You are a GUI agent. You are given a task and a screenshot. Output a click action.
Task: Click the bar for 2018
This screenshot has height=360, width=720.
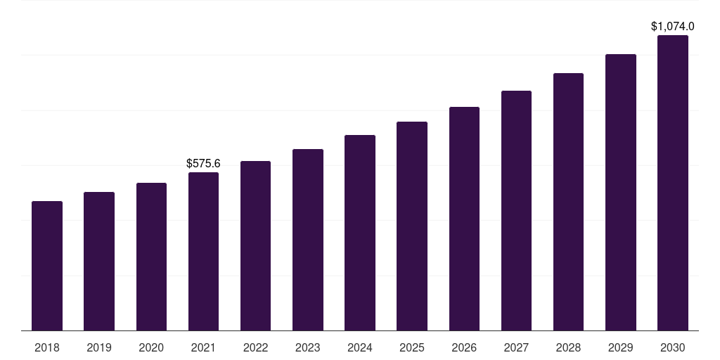coord(47,266)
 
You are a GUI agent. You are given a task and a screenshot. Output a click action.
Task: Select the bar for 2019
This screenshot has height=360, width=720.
coord(99,262)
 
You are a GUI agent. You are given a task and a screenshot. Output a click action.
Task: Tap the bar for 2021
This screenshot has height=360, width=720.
coord(203,252)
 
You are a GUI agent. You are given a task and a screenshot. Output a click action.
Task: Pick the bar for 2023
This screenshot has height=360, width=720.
coord(308,240)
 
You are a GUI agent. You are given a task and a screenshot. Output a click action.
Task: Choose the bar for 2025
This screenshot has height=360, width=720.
coord(412,226)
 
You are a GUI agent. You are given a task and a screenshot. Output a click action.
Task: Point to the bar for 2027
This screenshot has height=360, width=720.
coord(516,211)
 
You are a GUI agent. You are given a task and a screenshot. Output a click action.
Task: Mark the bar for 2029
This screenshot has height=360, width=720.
coord(621,193)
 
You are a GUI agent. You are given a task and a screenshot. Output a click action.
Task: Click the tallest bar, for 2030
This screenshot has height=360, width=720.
coord(673,183)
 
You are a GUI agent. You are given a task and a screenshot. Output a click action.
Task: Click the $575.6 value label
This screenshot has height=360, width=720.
coord(203,163)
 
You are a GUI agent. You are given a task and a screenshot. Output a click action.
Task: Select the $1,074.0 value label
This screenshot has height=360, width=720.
coord(673,27)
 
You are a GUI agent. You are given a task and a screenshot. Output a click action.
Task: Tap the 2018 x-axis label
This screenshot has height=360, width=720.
coord(47,347)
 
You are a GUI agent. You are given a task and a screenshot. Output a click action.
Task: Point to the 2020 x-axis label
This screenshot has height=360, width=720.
coord(151,347)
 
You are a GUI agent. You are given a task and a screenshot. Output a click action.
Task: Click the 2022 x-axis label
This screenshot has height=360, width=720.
coord(255,347)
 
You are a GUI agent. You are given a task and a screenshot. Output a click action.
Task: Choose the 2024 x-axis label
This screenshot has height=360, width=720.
coord(360,347)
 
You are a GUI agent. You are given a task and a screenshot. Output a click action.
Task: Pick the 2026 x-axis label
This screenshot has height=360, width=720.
coord(464,347)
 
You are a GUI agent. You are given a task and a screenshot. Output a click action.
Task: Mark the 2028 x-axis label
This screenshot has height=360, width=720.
coord(568,347)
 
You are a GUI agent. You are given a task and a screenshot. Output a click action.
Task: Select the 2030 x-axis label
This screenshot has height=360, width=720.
coord(673,347)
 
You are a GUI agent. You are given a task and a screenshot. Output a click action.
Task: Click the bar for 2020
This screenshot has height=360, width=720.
coord(151,257)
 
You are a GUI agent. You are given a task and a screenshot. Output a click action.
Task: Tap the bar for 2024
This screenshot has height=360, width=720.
coord(360,233)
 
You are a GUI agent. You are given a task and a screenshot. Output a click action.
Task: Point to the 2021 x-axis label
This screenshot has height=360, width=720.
coord(203,347)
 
